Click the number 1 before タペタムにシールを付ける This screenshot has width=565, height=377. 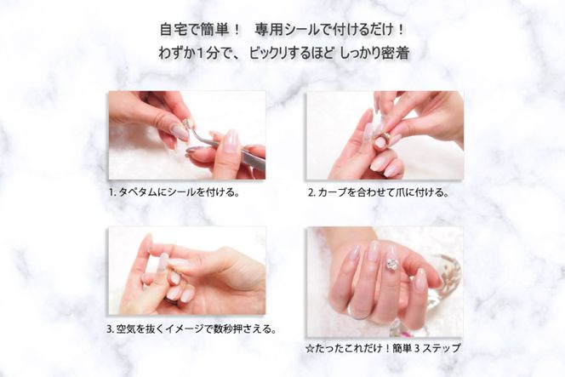coord(111,192)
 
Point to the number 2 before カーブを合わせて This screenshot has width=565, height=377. coord(311,192)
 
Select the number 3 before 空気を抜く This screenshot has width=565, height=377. coord(111,328)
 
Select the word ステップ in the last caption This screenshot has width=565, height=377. coord(442,347)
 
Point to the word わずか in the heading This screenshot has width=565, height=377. coord(178,52)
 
